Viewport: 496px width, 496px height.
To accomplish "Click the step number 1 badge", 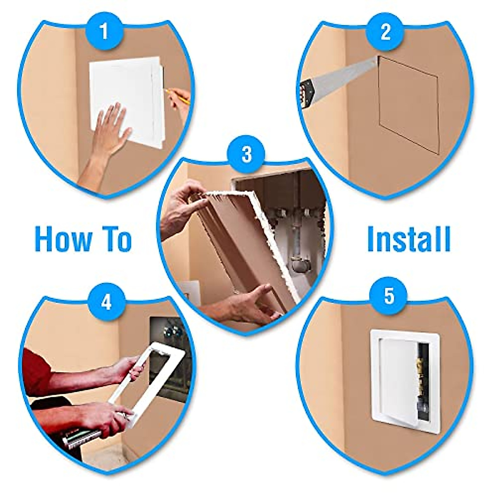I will coord(104,31).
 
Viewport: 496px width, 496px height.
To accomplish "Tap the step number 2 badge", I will coord(385,31).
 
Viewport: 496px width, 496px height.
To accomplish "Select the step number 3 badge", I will coord(246,154).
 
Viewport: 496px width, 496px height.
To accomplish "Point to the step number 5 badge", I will coord(389,296).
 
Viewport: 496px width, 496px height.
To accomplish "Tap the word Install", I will coord(408,239).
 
